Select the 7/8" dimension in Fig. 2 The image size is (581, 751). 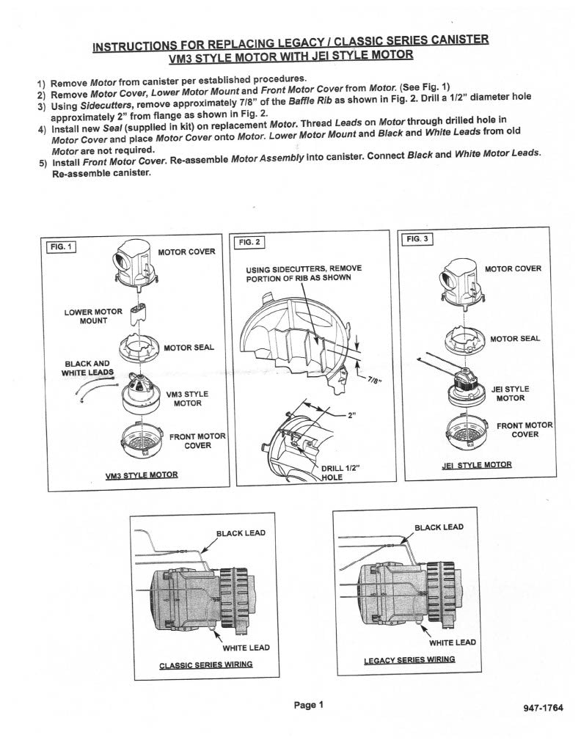click(x=376, y=380)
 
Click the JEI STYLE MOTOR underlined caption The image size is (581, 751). click(x=477, y=465)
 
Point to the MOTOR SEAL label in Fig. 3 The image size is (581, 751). click(x=515, y=338)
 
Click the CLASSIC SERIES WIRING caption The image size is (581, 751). click(x=206, y=665)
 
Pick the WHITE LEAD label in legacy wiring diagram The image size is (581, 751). click(x=452, y=642)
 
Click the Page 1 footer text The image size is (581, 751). click(x=308, y=706)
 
